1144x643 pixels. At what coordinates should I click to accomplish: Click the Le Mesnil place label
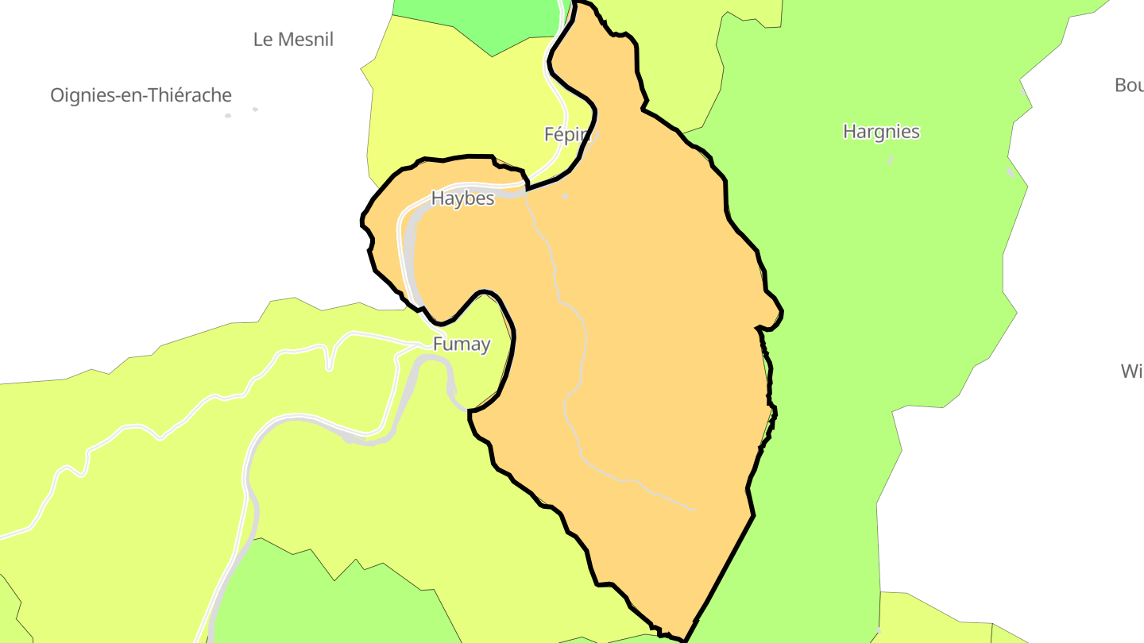click(x=293, y=40)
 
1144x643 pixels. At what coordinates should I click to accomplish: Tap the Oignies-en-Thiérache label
click(x=141, y=96)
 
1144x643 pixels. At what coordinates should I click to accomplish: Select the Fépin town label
click(x=563, y=135)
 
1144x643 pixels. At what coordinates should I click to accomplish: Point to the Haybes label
click(x=462, y=198)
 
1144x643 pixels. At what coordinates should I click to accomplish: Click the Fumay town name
click(x=462, y=345)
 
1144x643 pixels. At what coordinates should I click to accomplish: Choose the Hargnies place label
click(x=881, y=132)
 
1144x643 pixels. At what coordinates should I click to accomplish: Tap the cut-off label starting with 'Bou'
click(x=1129, y=85)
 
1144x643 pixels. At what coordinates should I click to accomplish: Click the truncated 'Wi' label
click(x=1131, y=371)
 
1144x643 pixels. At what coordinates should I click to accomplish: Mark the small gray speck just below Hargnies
click(x=891, y=160)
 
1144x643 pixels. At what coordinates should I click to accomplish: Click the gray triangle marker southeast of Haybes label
click(x=565, y=196)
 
